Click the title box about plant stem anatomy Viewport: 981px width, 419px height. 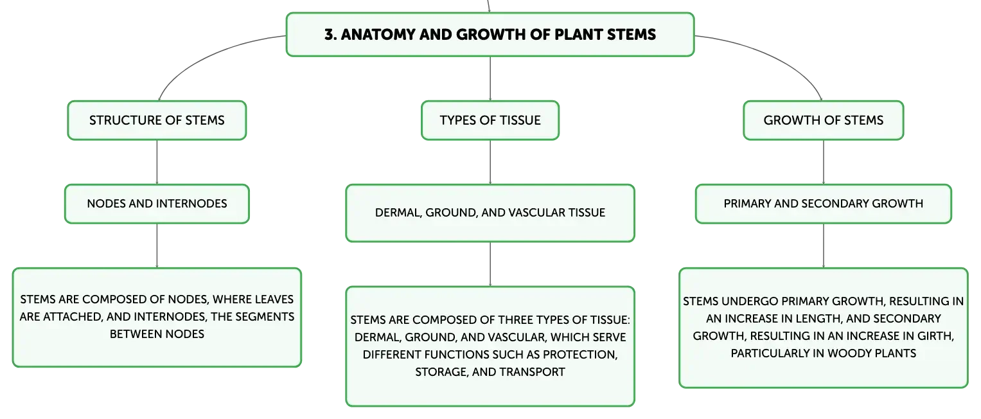pos(490,34)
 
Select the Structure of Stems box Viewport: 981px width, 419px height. pos(157,120)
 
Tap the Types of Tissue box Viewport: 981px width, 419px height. pos(490,120)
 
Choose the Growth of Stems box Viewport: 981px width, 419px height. pos(824,120)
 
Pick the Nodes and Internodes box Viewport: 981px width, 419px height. pos(157,203)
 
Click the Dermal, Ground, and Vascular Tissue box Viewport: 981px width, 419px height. pos(490,213)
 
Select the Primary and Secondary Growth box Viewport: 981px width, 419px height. pos(824,203)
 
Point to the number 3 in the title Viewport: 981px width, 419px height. pos(330,35)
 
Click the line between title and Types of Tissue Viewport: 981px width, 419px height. pos(490,78)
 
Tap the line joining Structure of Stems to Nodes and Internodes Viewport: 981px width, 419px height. pos(157,162)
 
